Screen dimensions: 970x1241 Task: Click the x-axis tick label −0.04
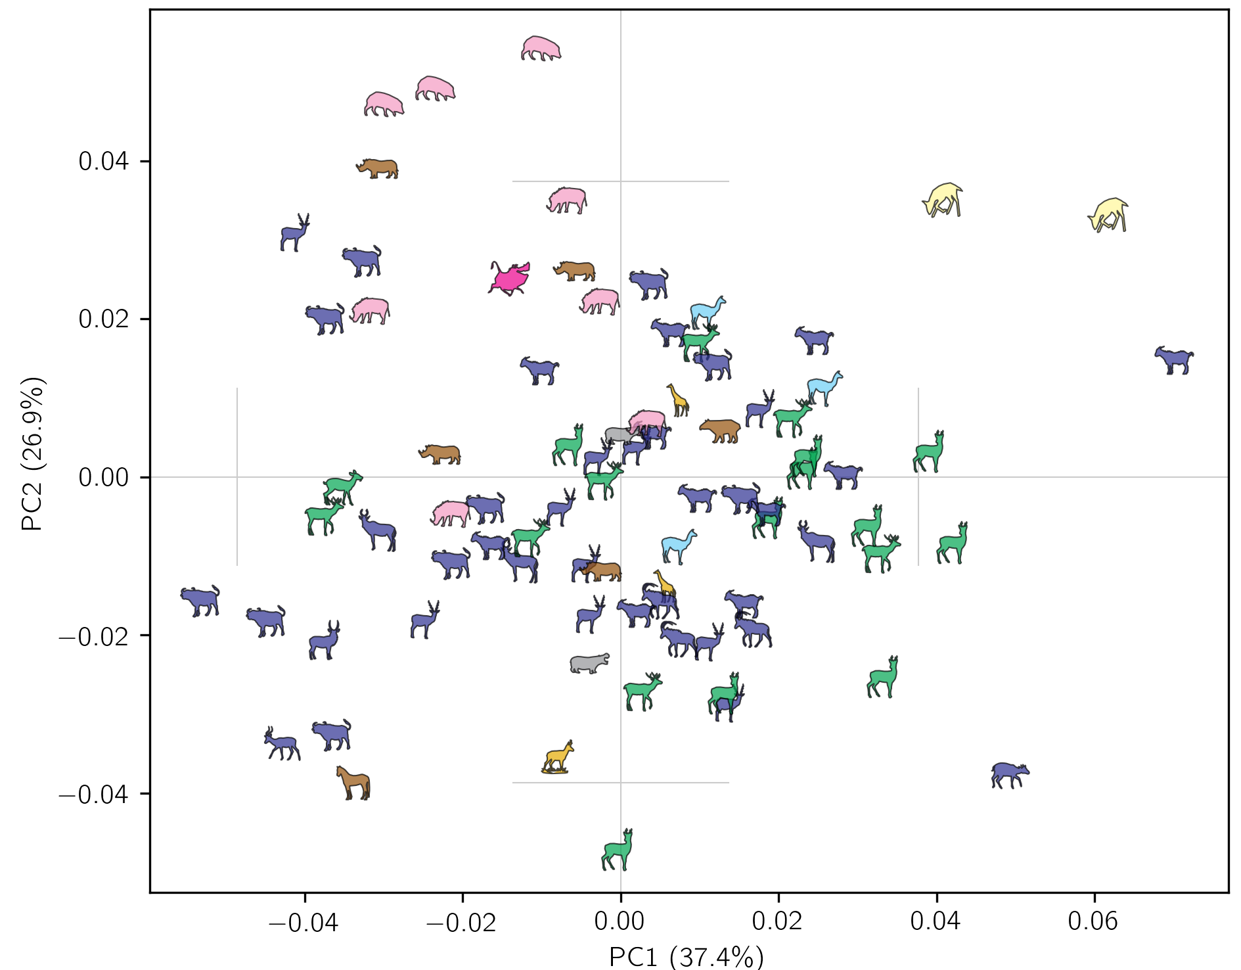pos(304,922)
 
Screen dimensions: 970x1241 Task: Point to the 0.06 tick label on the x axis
pos(1093,922)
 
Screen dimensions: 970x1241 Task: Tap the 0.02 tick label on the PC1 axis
pos(778,922)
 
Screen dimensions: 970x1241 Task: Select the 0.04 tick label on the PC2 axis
pos(104,162)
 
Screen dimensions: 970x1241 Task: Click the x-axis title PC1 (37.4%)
pos(687,956)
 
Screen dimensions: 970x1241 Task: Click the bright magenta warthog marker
pos(510,278)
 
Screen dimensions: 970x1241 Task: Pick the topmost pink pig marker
pos(541,49)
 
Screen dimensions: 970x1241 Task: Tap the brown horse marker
pos(354,783)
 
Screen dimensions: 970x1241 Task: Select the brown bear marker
pos(720,430)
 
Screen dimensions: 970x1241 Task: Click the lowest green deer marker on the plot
pos(618,850)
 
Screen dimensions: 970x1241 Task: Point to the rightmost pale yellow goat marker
pos(1108,215)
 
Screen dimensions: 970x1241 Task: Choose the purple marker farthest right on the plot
pos(1174,360)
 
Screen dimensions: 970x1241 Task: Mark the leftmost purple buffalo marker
pos(200,601)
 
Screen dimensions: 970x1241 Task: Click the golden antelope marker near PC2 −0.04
pos(558,758)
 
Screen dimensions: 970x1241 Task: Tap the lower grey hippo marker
pos(589,663)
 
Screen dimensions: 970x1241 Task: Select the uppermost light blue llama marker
pos(708,312)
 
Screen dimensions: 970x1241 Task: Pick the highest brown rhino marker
pos(378,168)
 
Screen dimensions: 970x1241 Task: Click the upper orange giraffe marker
pos(678,400)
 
